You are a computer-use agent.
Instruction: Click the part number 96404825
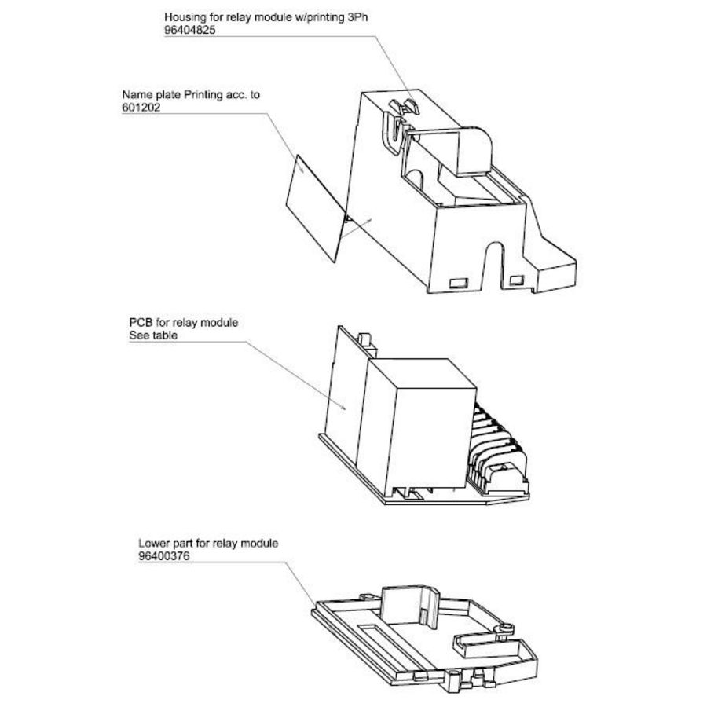click(x=189, y=29)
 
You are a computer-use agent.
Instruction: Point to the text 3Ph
click(x=357, y=16)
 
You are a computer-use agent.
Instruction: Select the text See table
click(x=153, y=335)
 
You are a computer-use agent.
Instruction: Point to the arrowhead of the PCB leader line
click(x=346, y=408)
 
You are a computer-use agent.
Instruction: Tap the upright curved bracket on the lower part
click(x=408, y=601)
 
